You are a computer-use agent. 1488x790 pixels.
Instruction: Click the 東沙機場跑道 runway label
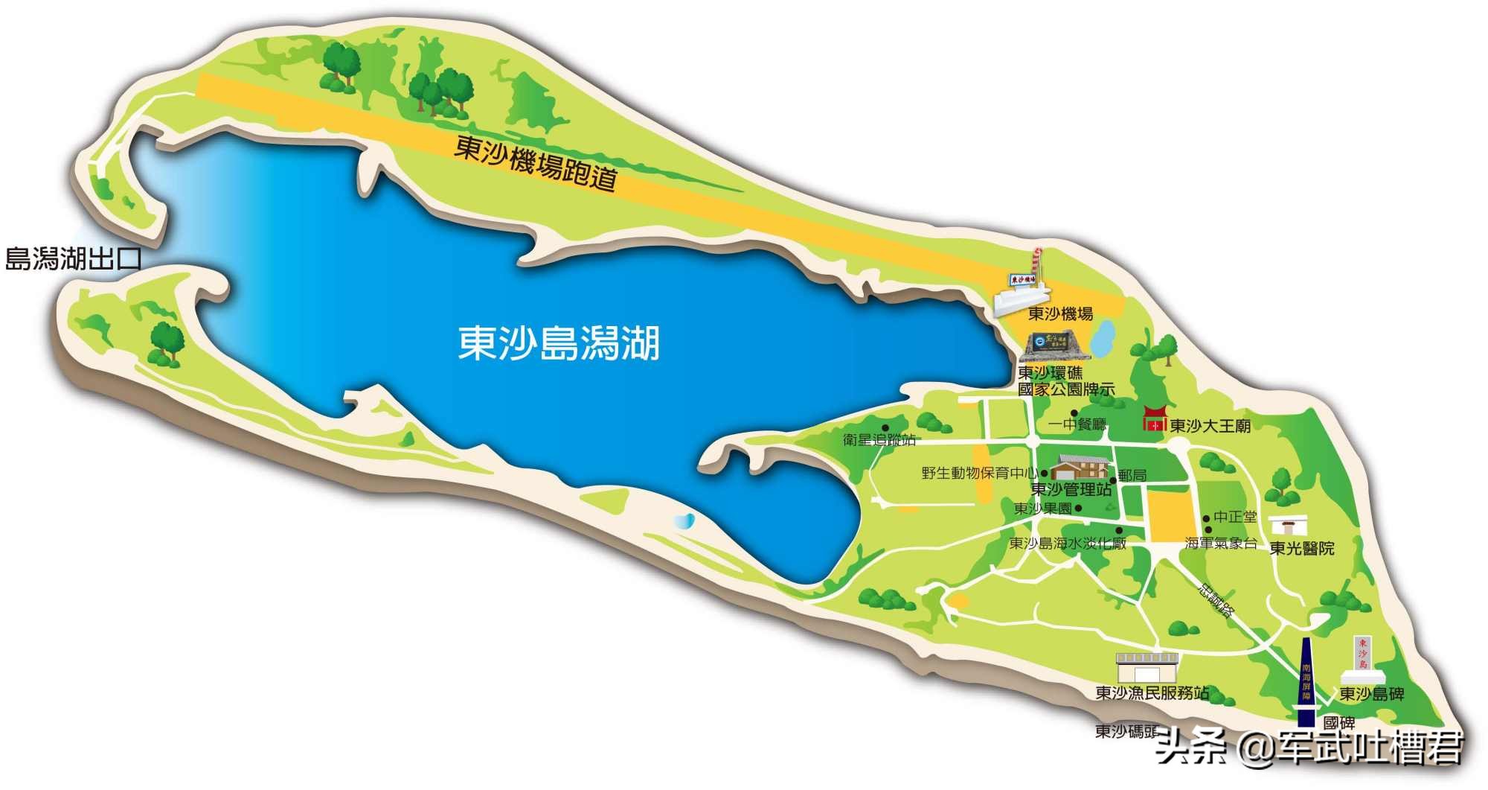point(536,162)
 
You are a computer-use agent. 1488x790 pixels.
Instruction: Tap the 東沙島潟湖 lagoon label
point(559,343)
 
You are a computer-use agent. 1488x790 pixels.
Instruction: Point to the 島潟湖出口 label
point(73,259)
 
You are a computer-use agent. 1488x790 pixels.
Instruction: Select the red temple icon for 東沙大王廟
point(1155,418)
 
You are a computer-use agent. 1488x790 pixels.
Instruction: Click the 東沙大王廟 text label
point(1210,426)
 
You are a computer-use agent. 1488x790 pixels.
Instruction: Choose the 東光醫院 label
point(1301,549)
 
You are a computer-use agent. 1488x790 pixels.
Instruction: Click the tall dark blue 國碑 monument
point(1306,681)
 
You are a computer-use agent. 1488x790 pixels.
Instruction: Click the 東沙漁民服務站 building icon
point(1147,668)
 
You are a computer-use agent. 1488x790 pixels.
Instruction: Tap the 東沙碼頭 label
point(1125,731)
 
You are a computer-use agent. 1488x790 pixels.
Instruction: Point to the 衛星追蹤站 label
point(879,440)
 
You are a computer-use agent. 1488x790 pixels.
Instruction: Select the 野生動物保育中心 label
point(979,473)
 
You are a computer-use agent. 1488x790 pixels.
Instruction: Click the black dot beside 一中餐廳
point(1074,413)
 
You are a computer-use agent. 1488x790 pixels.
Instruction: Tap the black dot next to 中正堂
point(1207,519)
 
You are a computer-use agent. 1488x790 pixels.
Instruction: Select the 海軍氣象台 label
point(1221,544)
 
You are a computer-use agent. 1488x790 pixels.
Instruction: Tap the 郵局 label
point(1132,475)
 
